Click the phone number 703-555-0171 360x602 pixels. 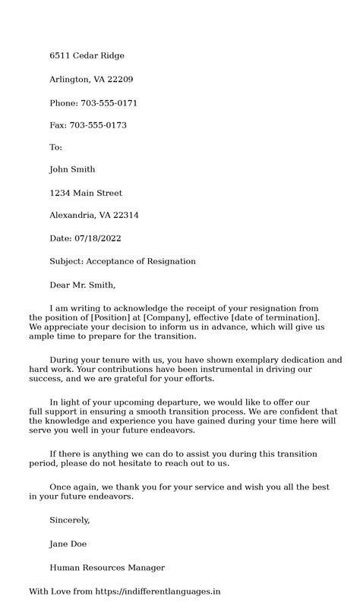click(x=109, y=102)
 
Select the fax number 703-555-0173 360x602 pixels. click(x=98, y=125)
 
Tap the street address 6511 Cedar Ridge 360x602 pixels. click(x=87, y=56)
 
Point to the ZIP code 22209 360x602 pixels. click(x=121, y=79)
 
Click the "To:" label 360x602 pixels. click(x=55, y=147)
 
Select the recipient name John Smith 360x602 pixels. click(x=72, y=170)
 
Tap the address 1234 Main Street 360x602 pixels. click(x=86, y=193)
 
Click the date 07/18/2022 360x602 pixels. click(x=99, y=238)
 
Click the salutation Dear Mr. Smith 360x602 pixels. click(x=83, y=285)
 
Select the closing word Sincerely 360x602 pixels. click(x=70, y=520)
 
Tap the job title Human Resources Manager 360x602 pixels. click(x=107, y=567)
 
